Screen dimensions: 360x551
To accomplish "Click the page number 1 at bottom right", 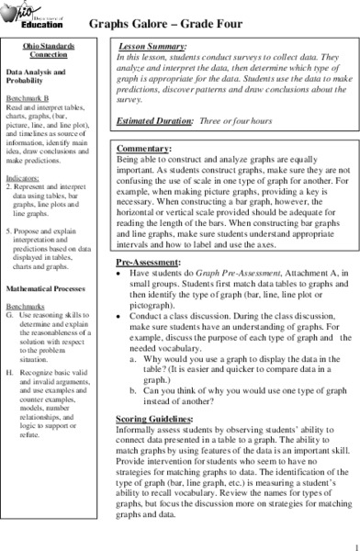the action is [353, 543].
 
